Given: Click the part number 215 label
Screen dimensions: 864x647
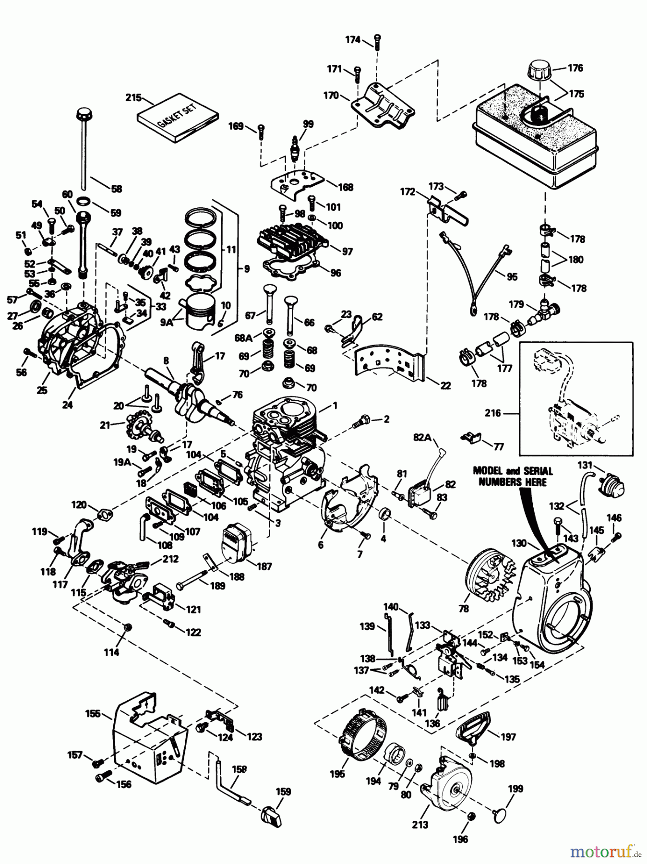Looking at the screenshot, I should pos(133,98).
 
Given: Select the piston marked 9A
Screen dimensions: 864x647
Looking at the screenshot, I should pos(201,314).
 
